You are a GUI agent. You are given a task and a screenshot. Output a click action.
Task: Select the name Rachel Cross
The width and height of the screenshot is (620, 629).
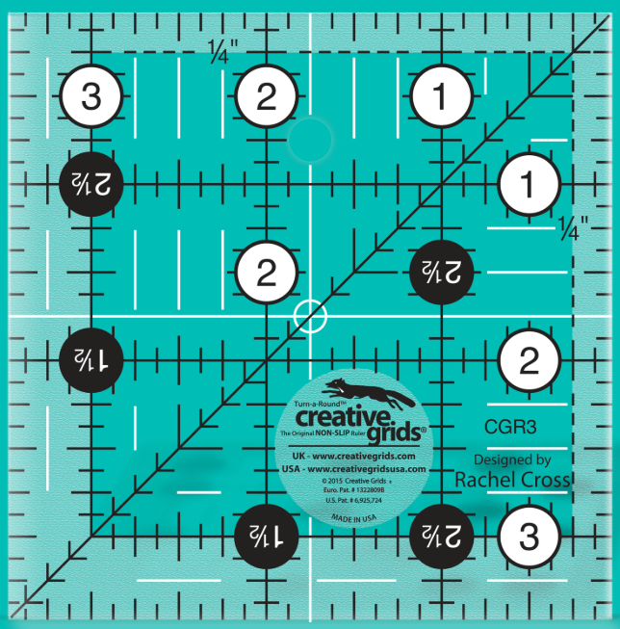click(512, 480)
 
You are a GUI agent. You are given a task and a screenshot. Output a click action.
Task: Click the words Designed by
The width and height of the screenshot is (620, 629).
click(512, 459)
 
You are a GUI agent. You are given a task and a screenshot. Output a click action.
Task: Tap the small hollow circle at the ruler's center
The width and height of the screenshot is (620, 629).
click(310, 315)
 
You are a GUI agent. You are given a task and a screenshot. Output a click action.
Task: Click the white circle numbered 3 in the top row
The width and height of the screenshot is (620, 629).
click(90, 96)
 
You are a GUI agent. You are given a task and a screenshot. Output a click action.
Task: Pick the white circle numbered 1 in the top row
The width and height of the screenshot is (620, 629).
click(441, 96)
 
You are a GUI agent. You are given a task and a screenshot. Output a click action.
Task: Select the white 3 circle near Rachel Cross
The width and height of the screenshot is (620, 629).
click(529, 535)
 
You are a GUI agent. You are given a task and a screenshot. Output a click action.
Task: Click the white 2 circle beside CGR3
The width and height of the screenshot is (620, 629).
click(529, 361)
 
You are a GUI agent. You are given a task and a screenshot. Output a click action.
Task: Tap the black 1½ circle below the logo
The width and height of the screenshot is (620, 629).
click(267, 533)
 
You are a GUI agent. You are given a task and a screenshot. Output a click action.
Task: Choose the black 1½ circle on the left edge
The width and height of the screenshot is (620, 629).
click(90, 358)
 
